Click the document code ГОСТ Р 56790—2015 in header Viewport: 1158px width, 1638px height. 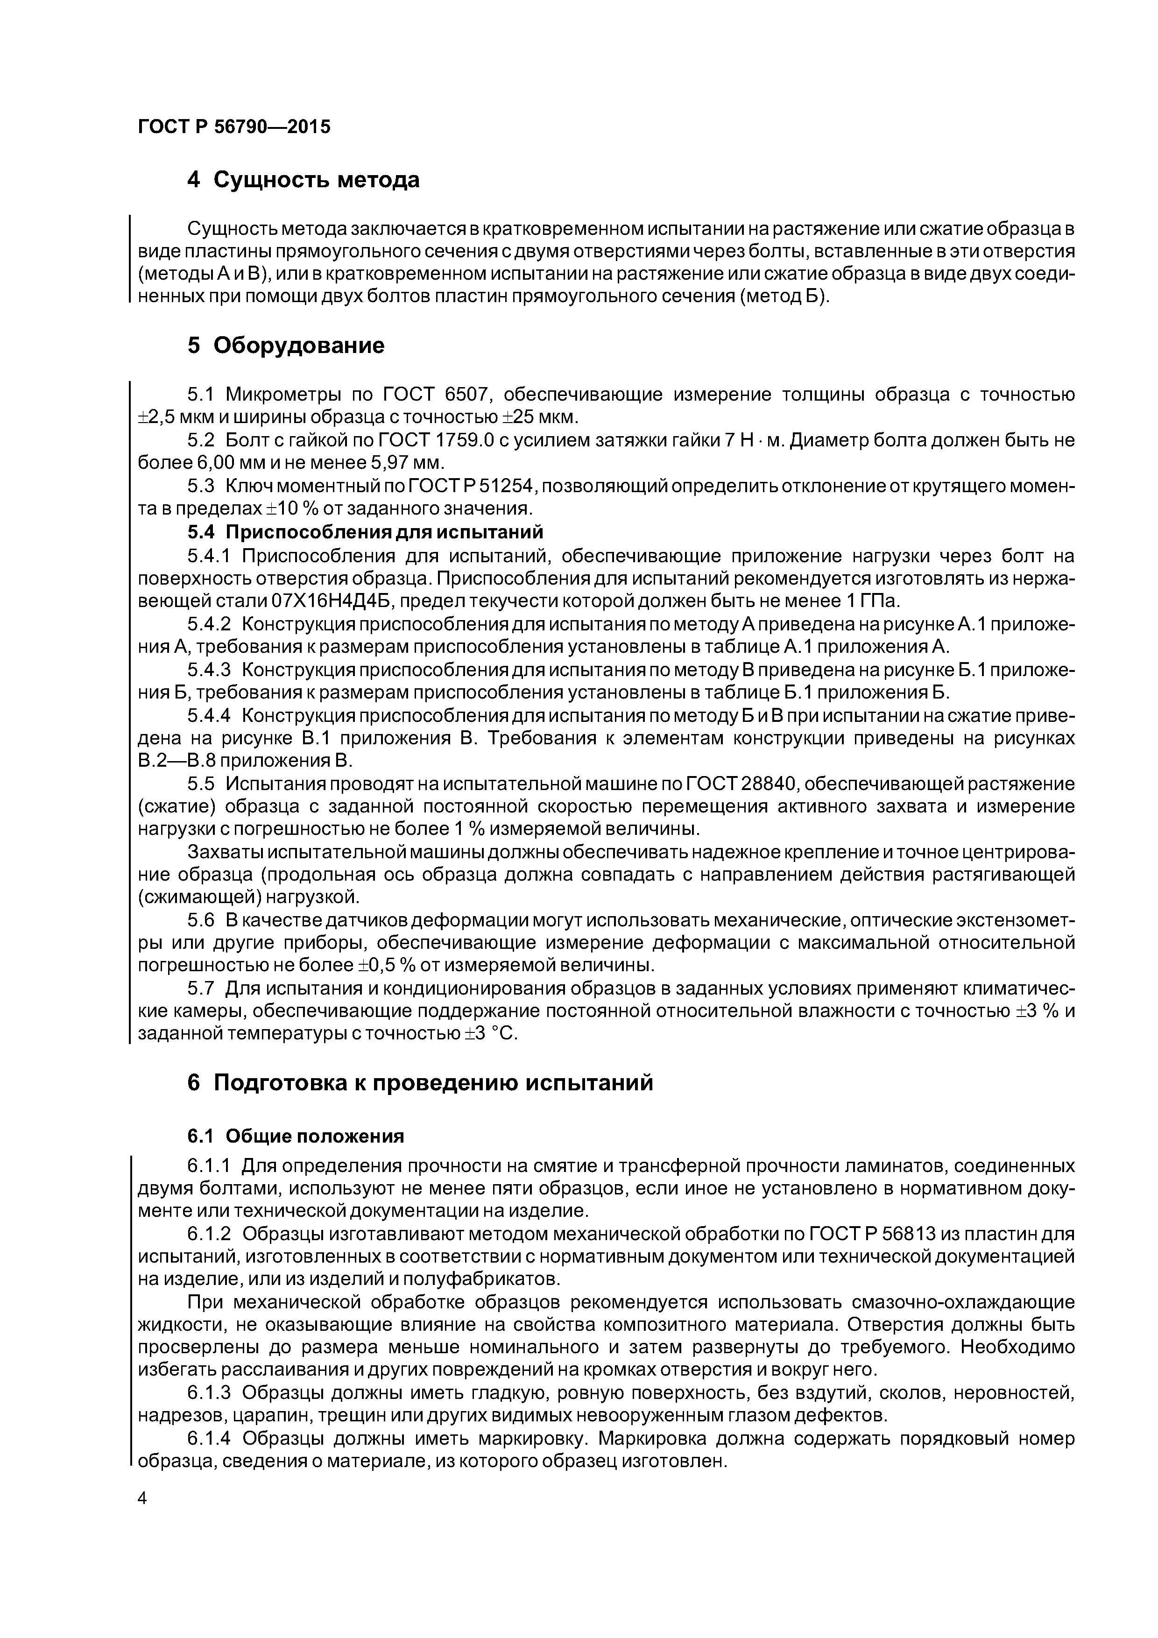click(234, 127)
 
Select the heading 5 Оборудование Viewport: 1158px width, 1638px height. click(285, 346)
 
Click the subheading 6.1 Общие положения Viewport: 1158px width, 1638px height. click(296, 1136)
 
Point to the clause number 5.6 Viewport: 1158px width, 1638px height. click(200, 921)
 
